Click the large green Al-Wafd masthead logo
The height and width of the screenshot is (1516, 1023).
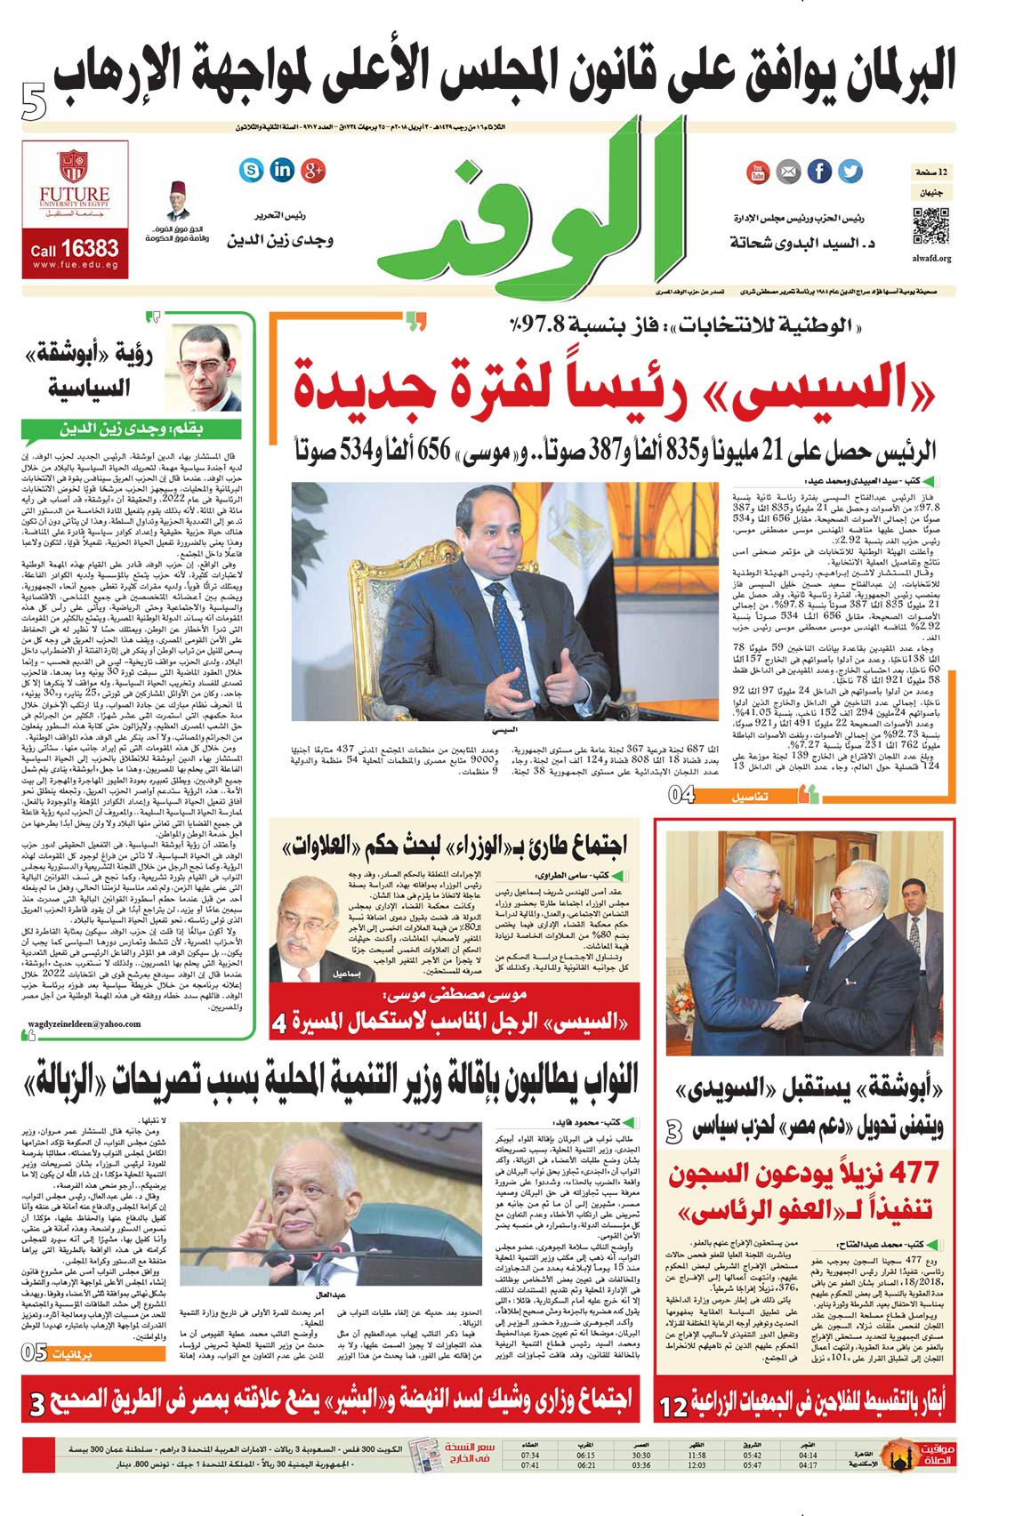tap(525, 218)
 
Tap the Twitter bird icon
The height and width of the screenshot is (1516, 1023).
tap(850, 171)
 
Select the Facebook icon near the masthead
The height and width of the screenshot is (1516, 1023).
tap(819, 171)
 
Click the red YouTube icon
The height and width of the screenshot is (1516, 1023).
tap(758, 171)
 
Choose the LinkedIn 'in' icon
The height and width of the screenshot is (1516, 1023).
tap(282, 170)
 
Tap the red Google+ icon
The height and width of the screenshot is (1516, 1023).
tap(313, 170)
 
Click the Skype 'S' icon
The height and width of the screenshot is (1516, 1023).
tap(252, 170)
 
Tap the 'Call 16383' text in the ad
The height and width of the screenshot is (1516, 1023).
tap(75, 249)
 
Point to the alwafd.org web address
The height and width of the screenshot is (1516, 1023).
tap(931, 259)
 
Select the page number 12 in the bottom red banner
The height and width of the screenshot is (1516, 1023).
tap(673, 1408)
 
